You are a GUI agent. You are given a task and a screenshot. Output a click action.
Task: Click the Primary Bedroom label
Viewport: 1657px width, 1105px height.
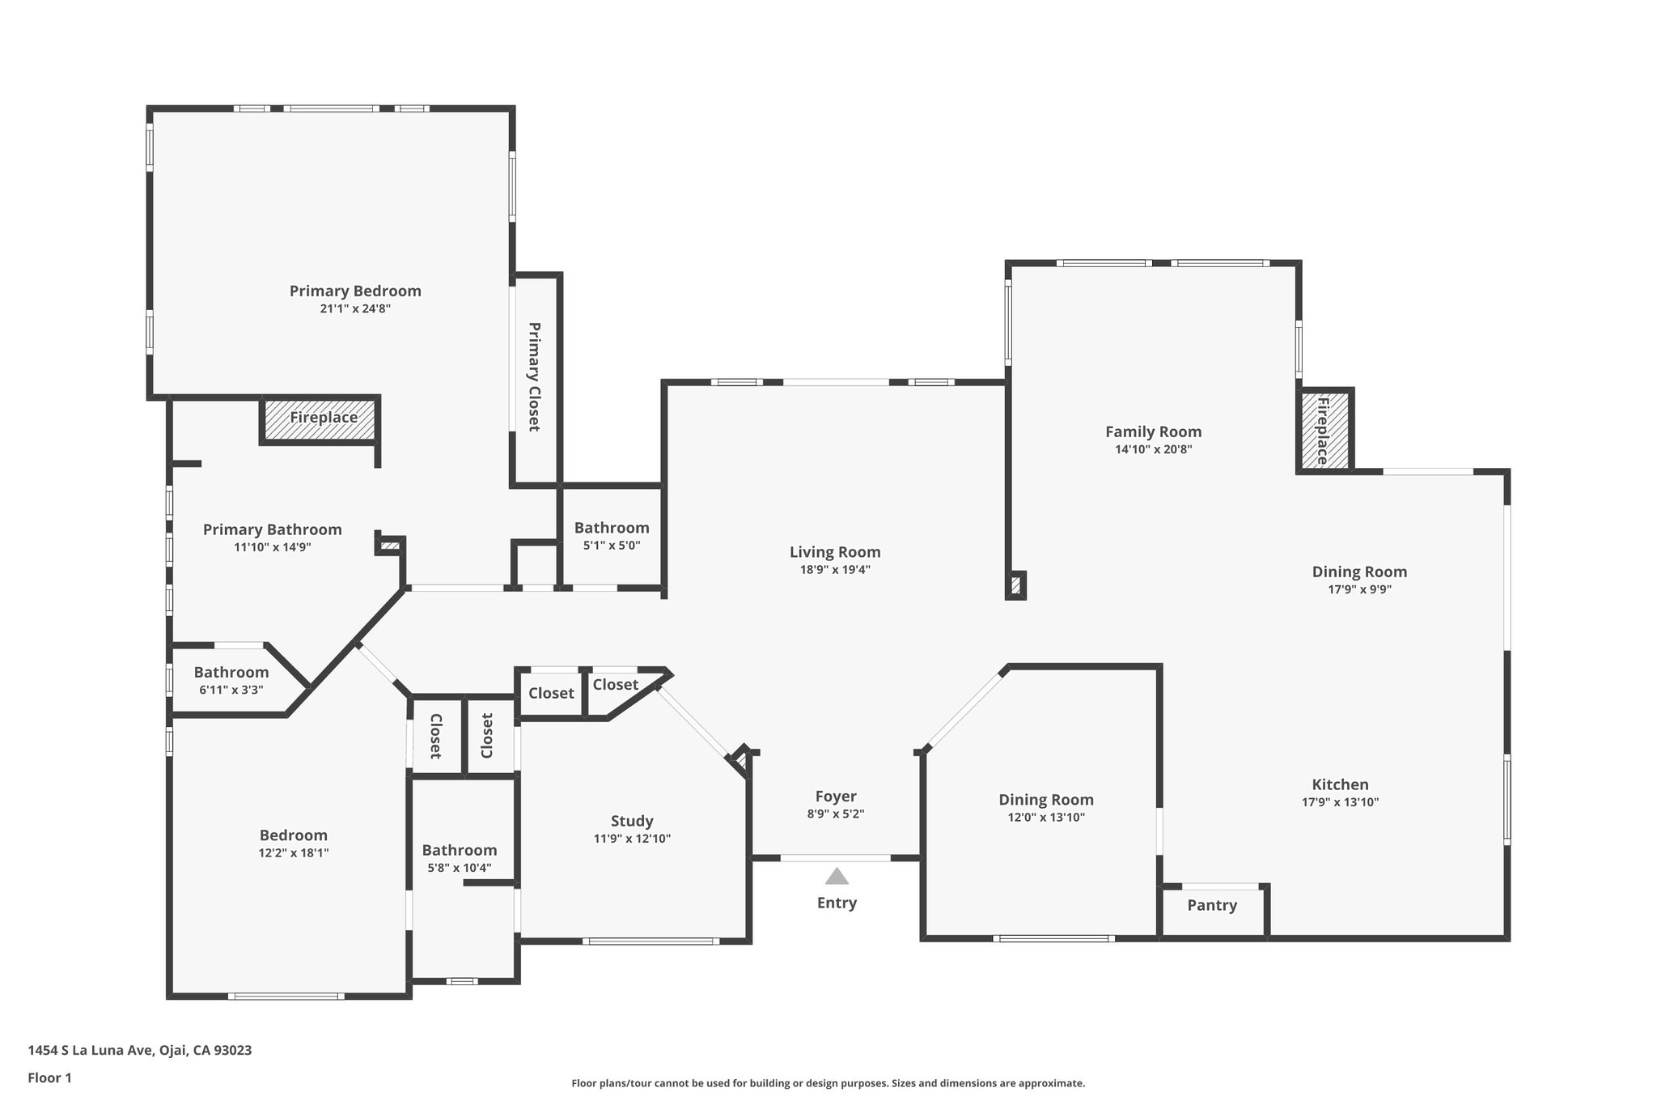pos(355,291)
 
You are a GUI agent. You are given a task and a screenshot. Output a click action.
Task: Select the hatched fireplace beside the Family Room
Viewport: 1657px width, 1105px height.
pos(1324,430)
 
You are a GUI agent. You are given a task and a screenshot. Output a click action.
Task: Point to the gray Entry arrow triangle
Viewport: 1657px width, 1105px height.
pos(837,876)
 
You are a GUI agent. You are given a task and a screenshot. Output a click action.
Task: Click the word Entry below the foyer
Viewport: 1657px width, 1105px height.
pos(837,903)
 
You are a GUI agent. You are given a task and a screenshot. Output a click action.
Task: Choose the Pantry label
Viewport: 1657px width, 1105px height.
pos(1212,905)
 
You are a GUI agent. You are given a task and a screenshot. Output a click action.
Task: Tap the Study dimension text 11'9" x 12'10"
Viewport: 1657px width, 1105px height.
pos(632,839)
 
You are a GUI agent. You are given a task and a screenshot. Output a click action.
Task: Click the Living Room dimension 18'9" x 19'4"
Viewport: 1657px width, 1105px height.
pos(835,569)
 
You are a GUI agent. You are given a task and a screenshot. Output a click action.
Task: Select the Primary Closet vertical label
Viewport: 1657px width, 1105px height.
pos(534,376)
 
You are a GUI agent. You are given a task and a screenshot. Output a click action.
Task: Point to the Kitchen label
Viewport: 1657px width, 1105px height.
pos(1340,784)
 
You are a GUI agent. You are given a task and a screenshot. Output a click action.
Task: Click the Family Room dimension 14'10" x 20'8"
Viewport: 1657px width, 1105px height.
pos(1153,449)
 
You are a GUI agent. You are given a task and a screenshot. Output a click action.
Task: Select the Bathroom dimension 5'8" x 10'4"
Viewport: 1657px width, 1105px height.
pos(460,868)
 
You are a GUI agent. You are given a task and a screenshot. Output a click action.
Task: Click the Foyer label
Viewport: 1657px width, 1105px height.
pos(836,797)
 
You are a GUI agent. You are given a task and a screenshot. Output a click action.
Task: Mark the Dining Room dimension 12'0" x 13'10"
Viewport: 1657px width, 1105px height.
pos(1046,817)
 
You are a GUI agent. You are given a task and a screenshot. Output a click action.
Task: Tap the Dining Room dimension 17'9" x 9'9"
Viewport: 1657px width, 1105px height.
pos(1359,589)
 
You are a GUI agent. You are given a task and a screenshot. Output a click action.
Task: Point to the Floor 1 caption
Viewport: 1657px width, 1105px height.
pos(49,1077)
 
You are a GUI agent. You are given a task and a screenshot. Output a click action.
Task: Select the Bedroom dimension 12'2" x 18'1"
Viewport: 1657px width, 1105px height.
pos(294,852)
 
